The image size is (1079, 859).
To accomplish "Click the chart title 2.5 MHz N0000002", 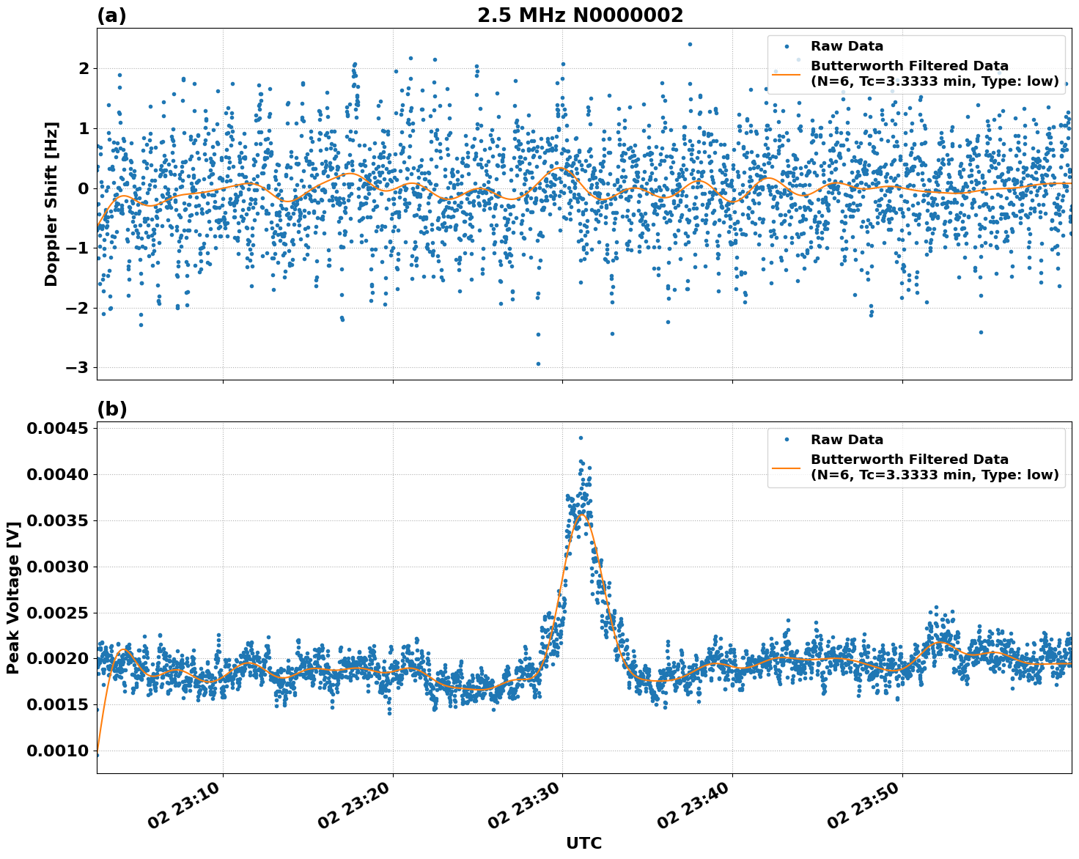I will pos(580,15).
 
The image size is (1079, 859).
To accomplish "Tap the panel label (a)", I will pos(111,15).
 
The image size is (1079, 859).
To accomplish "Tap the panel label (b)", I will pos(111,409).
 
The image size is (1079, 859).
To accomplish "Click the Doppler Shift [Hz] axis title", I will pos(51,204).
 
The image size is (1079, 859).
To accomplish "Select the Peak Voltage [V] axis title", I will pos(12,597).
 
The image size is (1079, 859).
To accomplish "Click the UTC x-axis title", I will pos(583,843).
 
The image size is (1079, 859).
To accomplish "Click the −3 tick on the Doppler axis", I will pos(78,367).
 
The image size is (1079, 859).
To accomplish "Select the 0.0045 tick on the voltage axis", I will pos(57,428).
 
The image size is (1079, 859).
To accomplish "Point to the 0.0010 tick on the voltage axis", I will pos(57,751).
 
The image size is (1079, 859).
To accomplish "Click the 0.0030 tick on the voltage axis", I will pos(57,567).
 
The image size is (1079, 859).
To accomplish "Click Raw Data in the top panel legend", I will pos(847,46).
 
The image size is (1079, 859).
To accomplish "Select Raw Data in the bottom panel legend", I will pos(847,440).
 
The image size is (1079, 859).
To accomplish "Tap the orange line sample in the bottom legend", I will pos(786,468).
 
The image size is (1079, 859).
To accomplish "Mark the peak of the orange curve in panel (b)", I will pos(583,515).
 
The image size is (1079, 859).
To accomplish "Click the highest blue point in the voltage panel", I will pos(581,438).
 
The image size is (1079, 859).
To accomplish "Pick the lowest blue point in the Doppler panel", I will pos(538,364).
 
